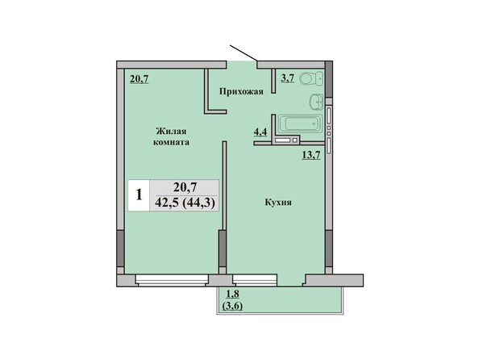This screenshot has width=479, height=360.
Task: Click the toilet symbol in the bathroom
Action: (311, 79)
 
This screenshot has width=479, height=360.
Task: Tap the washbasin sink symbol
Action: (316, 102)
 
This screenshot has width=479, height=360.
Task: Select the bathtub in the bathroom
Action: (301, 123)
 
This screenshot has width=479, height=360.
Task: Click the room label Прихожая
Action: (241, 91)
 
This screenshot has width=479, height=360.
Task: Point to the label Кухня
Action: (278, 203)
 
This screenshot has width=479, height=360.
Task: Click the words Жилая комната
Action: (171, 136)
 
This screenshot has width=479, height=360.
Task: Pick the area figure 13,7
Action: (311, 156)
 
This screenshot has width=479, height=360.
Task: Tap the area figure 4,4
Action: (260, 132)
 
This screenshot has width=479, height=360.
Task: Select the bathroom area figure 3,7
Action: (287, 78)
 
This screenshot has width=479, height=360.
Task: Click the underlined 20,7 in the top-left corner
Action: (140, 79)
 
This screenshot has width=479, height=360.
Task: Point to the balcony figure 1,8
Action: (232, 295)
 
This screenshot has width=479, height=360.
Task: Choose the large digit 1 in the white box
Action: (139, 195)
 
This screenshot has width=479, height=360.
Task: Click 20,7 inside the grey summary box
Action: (185, 187)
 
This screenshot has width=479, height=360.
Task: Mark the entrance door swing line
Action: (244, 53)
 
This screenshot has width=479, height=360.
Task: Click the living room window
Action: (172, 280)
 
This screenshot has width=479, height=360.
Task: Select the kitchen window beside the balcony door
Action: (255, 280)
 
